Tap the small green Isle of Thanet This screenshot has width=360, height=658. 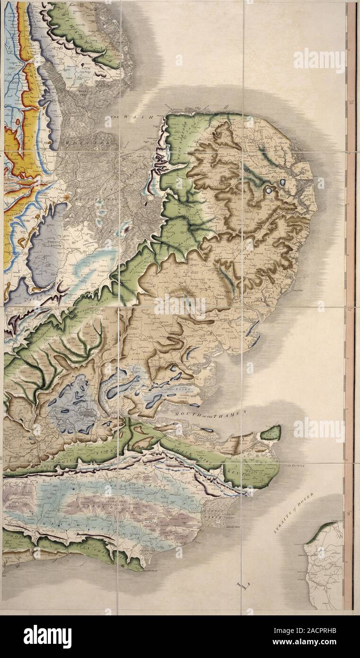click(271, 432)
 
